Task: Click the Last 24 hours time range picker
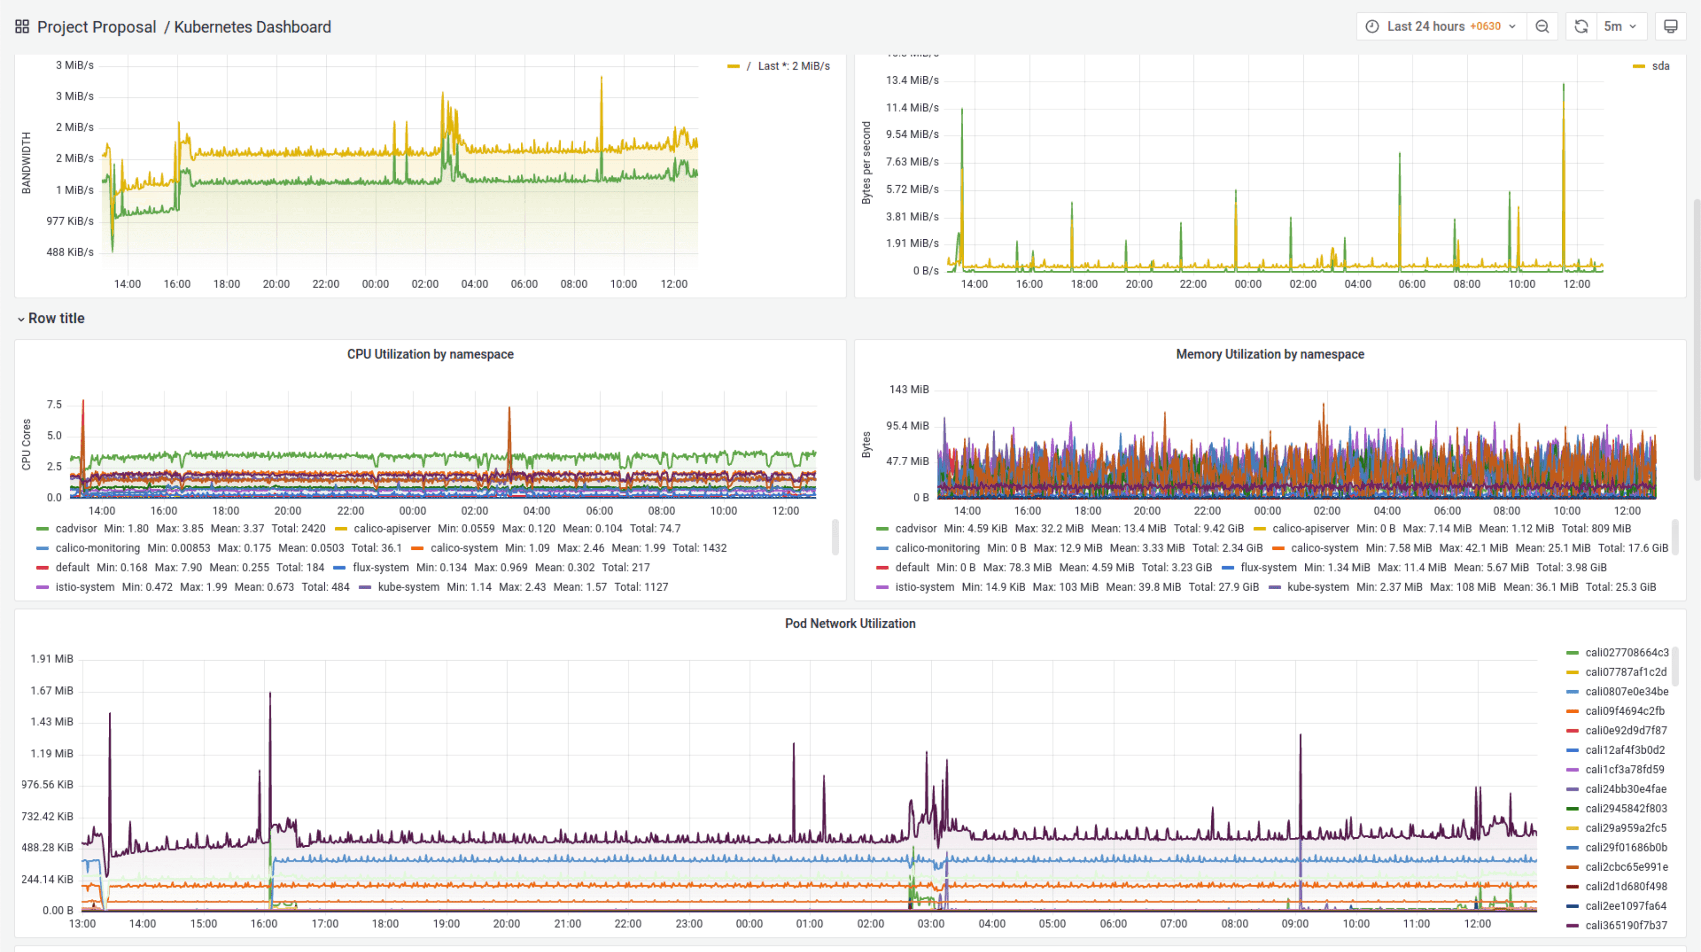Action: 1442,27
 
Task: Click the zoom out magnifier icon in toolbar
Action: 1542,27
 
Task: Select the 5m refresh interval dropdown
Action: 1620,27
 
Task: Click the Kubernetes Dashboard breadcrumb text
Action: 252,27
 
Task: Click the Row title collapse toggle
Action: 21,319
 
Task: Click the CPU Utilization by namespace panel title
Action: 430,354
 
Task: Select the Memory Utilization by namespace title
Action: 1269,354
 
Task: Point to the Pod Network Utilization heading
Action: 850,623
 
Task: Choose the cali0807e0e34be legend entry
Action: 1626,691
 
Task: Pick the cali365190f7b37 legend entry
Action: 1626,925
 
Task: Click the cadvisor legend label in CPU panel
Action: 76,528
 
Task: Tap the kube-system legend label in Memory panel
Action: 1318,587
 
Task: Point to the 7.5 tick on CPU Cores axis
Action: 54,405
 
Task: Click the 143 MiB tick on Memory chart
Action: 909,389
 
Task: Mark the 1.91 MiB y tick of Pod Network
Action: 52,659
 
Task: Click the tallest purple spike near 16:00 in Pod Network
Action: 269,695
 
